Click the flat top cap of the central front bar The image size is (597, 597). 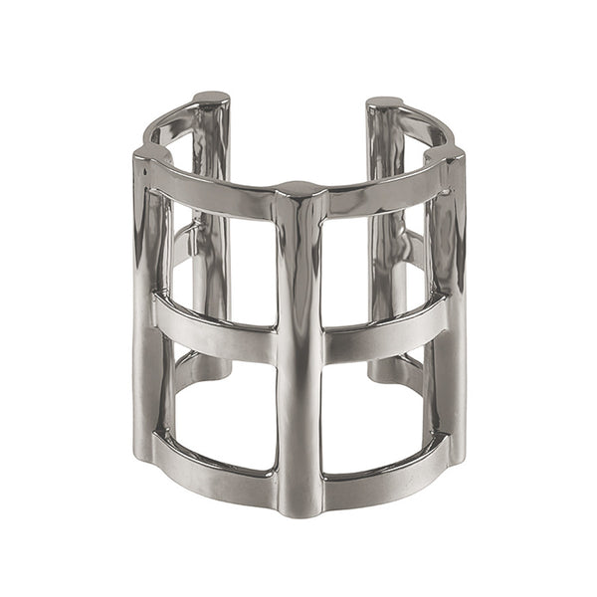pyautogui.click(x=298, y=187)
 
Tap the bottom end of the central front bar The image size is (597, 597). pyautogui.click(x=298, y=507)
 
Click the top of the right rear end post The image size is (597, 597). pyautogui.click(x=384, y=101)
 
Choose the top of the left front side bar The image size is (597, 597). pyautogui.click(x=149, y=155)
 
